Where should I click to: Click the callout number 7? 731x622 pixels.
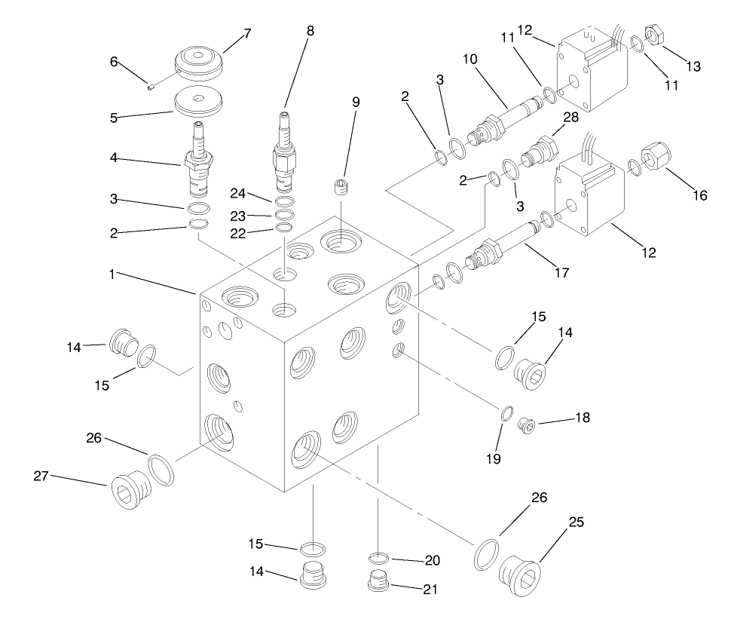click(247, 33)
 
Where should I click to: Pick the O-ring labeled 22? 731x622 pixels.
click(284, 228)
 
